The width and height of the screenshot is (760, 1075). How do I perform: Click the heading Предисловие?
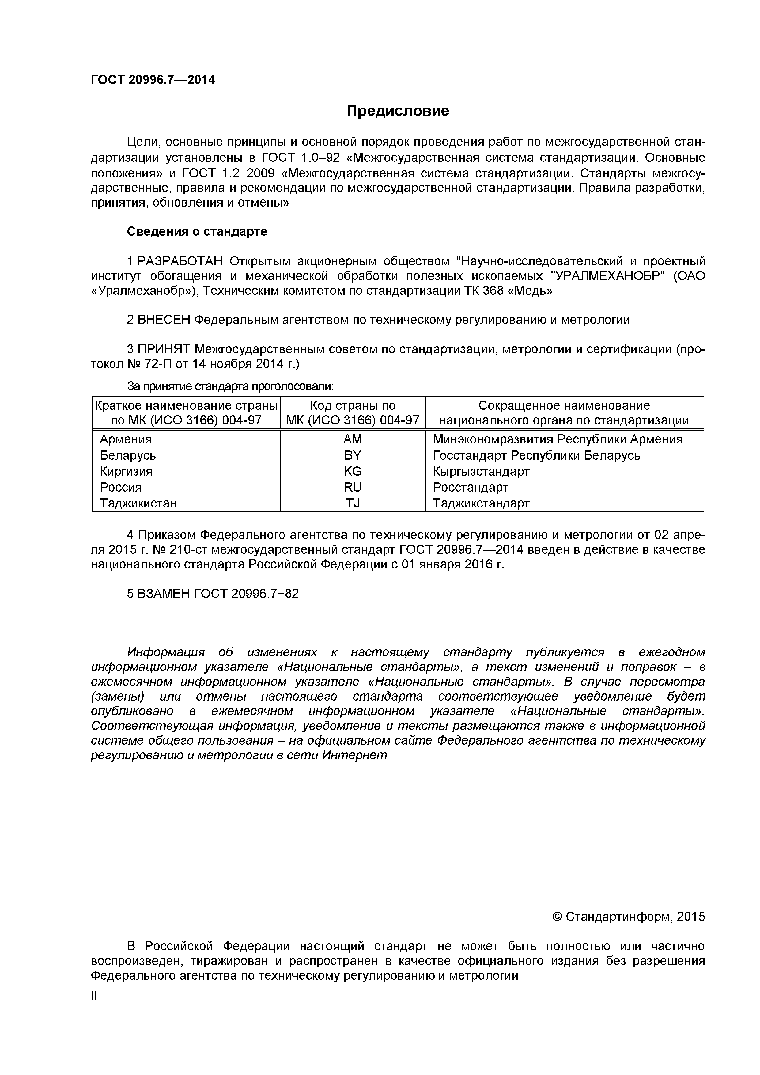pyautogui.click(x=398, y=111)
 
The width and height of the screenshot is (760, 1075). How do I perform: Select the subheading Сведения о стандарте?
pyautogui.click(x=197, y=232)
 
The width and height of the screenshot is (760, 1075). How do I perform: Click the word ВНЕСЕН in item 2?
pyautogui.click(x=164, y=320)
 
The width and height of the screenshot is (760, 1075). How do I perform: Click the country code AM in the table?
pyautogui.click(x=352, y=439)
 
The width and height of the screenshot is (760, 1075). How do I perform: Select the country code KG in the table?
pyautogui.click(x=352, y=471)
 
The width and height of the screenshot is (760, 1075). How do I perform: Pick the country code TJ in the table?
pyautogui.click(x=352, y=503)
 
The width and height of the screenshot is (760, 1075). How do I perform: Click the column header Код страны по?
pyautogui.click(x=352, y=405)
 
